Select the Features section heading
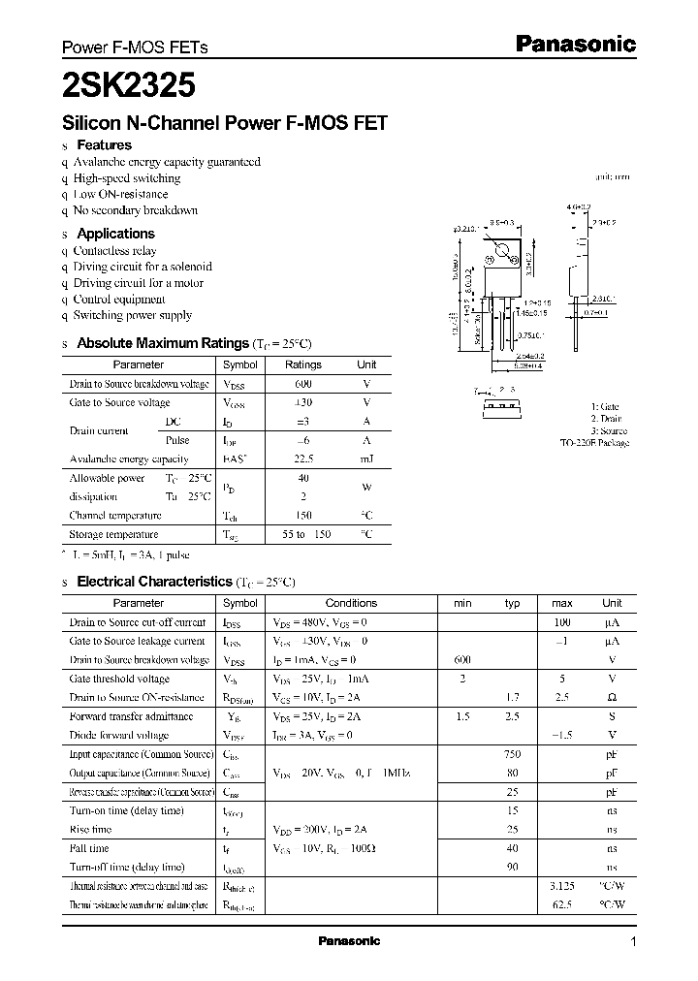coord(104,145)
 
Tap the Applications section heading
coord(115,234)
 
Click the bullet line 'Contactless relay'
coord(114,250)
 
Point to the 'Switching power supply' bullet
coord(132,315)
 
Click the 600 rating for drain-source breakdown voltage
coord(303,384)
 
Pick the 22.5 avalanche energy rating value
coord(303,459)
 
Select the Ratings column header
coord(303,364)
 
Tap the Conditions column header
coord(351,603)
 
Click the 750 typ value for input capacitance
coord(512,754)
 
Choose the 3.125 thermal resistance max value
coord(561,886)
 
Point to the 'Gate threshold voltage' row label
coord(119,679)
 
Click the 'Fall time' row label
coord(90,848)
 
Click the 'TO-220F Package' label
coord(594,443)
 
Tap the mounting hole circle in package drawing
coord(503,256)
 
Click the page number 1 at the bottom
coord(633,942)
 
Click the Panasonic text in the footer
coord(349,941)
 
